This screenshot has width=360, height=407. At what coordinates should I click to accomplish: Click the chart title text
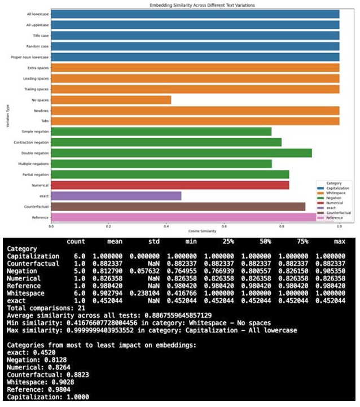pyautogui.click(x=195, y=5)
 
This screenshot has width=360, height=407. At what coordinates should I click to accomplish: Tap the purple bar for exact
pyautogui.click(x=116, y=195)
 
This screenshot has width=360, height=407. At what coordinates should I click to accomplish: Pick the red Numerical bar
pyautogui.click(x=170, y=185)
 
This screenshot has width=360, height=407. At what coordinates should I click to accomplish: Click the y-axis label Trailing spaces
pyautogui.click(x=36, y=89)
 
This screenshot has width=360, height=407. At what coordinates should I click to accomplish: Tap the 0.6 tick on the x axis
pyautogui.click(x=224, y=226)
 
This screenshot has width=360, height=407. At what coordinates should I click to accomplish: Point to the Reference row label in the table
pyautogui.click(x=25, y=286)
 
